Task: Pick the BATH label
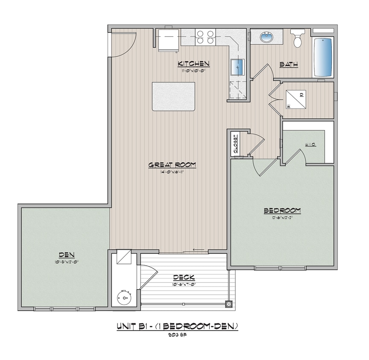point(289,64)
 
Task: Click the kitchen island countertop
point(173,96)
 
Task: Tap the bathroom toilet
point(298,39)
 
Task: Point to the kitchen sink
point(237,67)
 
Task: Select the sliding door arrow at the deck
point(197,250)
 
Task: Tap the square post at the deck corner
point(229,304)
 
